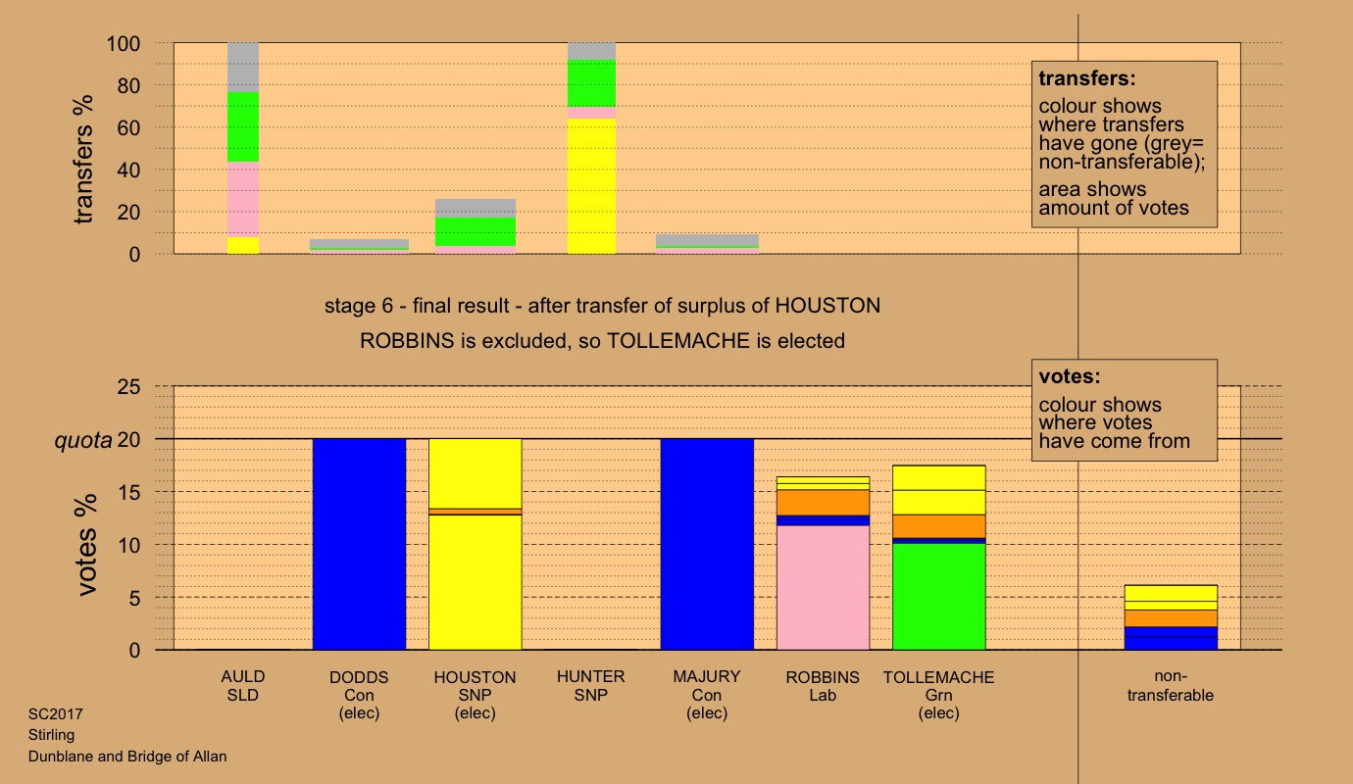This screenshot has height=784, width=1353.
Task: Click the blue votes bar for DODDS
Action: (x=359, y=544)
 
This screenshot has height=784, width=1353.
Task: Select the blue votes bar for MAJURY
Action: (x=707, y=544)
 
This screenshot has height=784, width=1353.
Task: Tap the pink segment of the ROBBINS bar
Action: (x=823, y=588)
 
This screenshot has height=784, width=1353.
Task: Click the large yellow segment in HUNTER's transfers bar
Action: (x=591, y=186)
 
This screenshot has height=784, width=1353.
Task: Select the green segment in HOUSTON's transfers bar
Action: (x=476, y=231)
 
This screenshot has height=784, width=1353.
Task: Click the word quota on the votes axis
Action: (x=83, y=440)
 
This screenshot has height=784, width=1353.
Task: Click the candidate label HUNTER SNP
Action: (x=591, y=686)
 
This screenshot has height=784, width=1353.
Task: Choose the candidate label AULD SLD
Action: (x=243, y=686)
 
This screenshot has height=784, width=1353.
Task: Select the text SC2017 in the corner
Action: (x=49, y=714)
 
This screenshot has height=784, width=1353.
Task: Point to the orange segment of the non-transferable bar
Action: (x=1171, y=618)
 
